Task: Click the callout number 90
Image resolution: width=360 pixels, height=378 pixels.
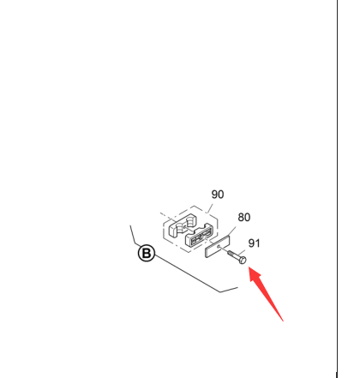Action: tap(218, 195)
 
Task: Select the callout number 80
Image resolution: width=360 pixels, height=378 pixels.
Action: tap(244, 218)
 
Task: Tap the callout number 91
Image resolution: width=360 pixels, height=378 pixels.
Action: tap(254, 243)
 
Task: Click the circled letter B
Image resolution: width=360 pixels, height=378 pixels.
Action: tap(147, 254)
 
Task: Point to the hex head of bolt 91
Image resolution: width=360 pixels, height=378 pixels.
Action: tap(243, 260)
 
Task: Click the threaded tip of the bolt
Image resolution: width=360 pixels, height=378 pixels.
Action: tap(229, 252)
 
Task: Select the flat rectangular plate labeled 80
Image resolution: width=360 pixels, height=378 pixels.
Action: tap(218, 247)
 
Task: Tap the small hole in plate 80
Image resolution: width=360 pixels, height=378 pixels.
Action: tap(219, 246)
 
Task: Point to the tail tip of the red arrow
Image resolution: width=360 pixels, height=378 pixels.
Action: tap(283, 321)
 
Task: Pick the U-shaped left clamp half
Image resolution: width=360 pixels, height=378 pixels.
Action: tap(182, 225)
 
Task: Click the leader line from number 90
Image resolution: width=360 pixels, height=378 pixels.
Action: tap(211, 208)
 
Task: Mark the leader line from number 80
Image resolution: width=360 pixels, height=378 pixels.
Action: tap(231, 231)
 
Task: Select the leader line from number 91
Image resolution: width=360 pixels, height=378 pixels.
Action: tap(242, 253)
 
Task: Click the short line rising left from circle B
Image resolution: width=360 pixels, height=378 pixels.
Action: tap(135, 236)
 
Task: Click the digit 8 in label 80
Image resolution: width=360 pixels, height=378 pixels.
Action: tap(241, 218)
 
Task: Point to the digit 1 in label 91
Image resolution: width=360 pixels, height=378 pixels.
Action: tap(257, 243)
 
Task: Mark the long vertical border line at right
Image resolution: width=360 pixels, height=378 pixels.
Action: tap(337, 189)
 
